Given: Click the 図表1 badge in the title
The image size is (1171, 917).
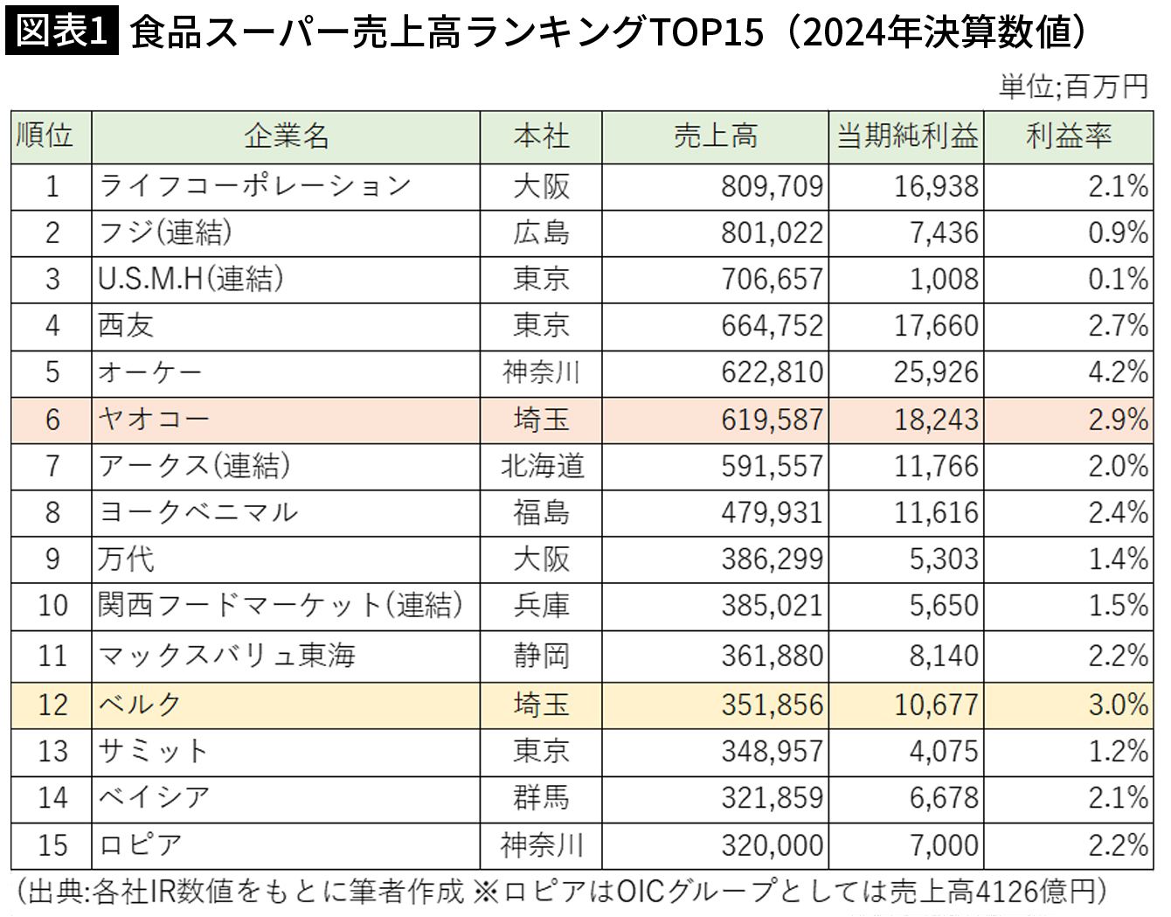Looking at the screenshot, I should coord(62,32).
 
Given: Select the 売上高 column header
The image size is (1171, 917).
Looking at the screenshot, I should coord(715,136).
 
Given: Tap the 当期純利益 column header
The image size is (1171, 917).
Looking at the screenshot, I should coord(906,136).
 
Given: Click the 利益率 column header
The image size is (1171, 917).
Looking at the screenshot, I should coord(1068,136).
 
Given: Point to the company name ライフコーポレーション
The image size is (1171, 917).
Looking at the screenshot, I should coord(254,186).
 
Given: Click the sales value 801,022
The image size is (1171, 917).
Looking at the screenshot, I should coord(772,233).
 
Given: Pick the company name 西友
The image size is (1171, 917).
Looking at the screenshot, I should coord(126,325).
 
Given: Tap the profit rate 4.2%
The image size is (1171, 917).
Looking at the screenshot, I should coord(1118,372).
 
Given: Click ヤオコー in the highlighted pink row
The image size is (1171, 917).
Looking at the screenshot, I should coord(154,420).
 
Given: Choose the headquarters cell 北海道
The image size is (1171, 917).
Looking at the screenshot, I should coord(541,466).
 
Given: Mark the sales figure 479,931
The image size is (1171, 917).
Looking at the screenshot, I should coord(772,512).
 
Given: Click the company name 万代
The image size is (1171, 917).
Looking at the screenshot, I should coord(126,559).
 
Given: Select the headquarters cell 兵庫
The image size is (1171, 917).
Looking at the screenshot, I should coord(541,605).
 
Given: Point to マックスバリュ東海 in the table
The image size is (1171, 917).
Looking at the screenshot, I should coord(226,656).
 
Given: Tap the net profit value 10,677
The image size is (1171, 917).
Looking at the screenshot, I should coord(936,705).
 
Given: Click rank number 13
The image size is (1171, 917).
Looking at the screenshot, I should coord(52,751).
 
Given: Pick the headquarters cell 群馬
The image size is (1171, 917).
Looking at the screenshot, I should coord(541,797).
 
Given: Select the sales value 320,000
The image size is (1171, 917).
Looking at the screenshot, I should coord(772,845).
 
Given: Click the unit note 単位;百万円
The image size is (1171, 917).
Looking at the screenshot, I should coord(1073,87).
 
